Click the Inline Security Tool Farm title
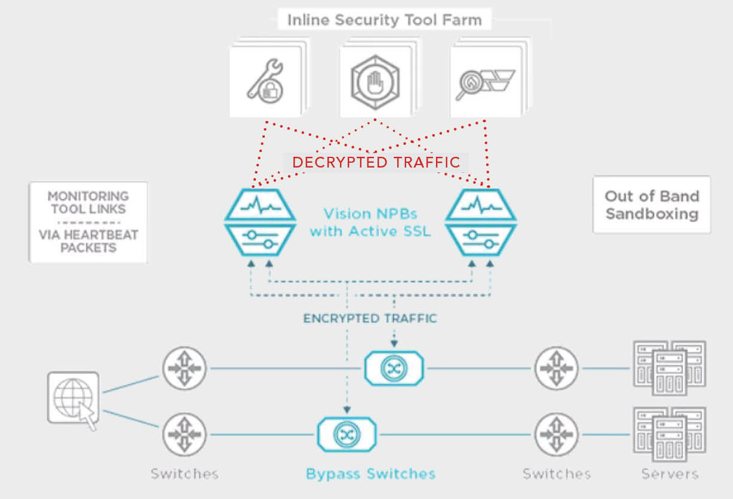coord(384,20)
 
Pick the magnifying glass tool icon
coord(485,82)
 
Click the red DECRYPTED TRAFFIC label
coord(376,162)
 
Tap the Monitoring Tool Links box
coord(88,222)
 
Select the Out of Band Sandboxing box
coord(651,204)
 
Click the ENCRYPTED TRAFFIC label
coord(370,318)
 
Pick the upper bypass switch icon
coord(394,368)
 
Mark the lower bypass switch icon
coord(346,434)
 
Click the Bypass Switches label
coord(370,475)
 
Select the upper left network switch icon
coord(184,368)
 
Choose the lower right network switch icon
coord(556,435)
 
